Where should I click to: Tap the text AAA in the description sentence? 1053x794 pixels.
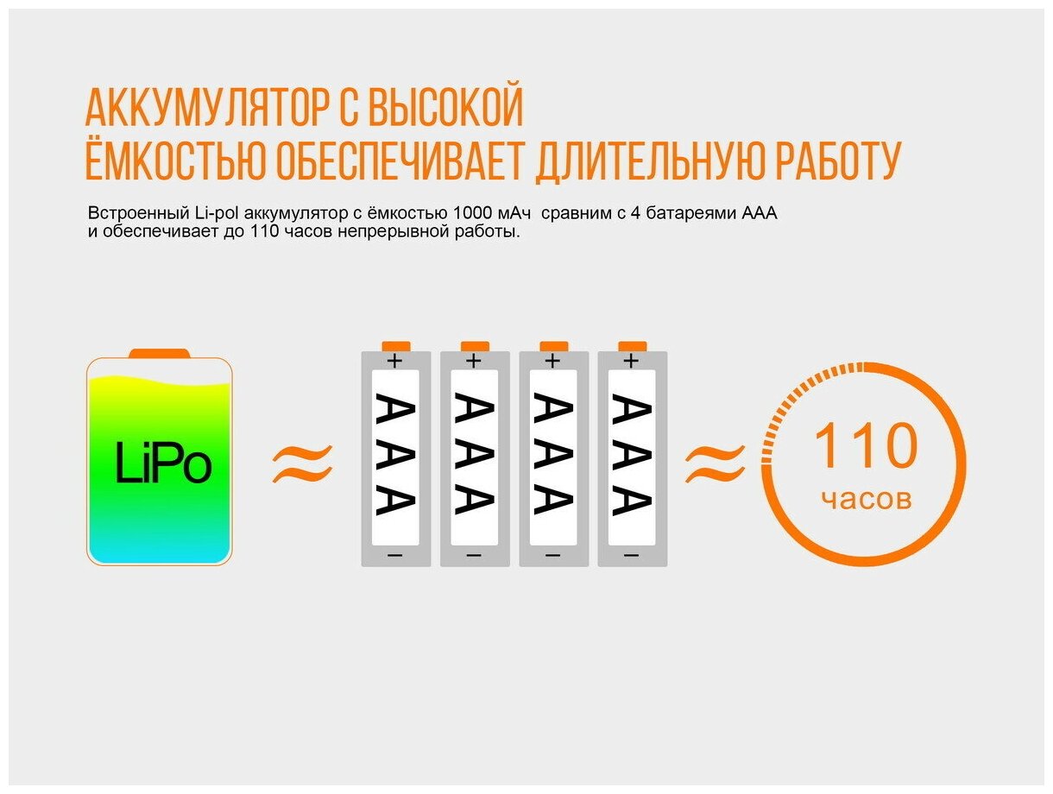[x=760, y=213]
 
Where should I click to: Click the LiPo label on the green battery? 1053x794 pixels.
[x=162, y=465]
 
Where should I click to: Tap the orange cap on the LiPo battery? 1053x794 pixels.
[x=159, y=353]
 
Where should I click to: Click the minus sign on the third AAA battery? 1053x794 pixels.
[x=553, y=555]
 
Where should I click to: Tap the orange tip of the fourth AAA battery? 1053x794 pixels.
[x=633, y=345]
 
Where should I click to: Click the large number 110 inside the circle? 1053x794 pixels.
[x=866, y=446]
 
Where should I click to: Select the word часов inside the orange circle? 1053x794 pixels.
[x=866, y=498]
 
